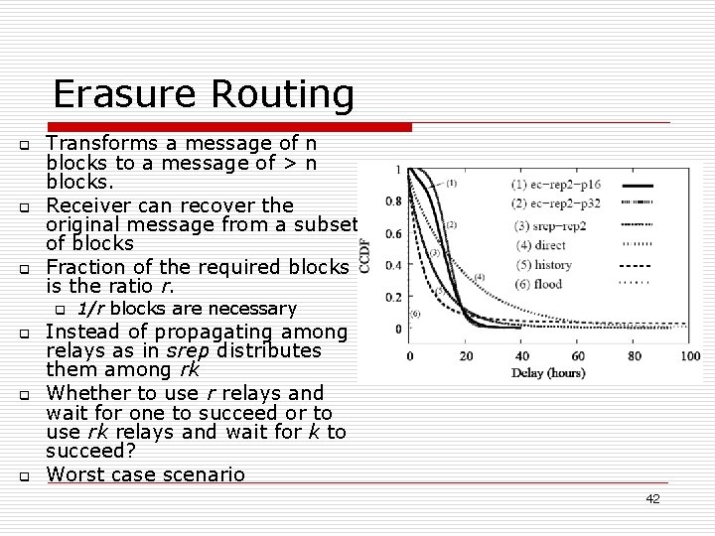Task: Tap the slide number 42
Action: click(651, 499)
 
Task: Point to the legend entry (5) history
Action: click(543, 265)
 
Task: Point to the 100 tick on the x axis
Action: click(690, 355)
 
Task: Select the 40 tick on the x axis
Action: click(521, 355)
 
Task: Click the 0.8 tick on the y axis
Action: click(392, 201)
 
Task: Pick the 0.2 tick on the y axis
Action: click(392, 297)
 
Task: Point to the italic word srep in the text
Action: click(184, 350)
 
